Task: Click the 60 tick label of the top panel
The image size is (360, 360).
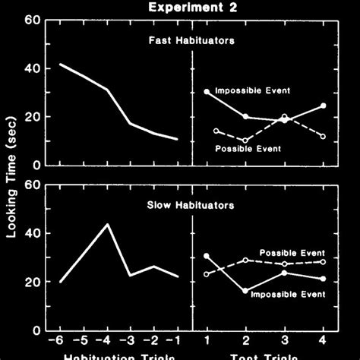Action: (31, 21)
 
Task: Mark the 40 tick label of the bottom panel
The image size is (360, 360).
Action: (31, 233)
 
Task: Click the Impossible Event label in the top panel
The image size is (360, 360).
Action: (252, 91)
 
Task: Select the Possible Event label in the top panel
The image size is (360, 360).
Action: (248, 148)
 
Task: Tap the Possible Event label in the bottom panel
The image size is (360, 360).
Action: (292, 253)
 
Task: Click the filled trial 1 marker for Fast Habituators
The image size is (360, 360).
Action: (207, 92)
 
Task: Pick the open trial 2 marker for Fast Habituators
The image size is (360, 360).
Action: (245, 141)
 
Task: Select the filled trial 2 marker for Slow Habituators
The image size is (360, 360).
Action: (245, 290)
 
